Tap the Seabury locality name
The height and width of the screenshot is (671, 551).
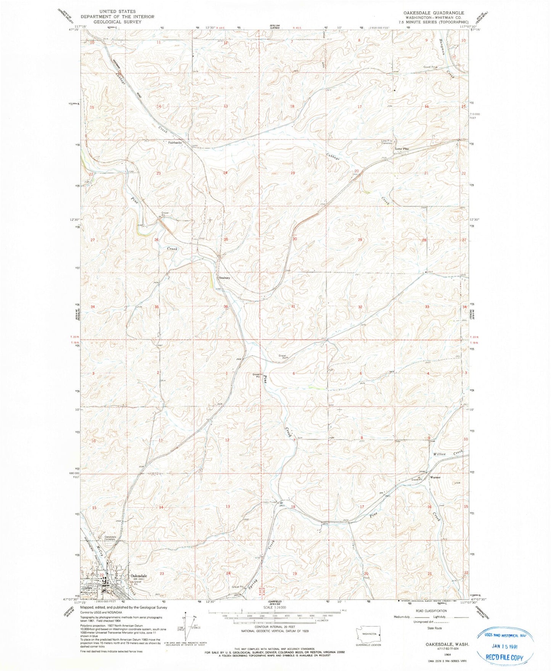click(224, 278)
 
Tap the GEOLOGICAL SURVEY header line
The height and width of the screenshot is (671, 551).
click(117, 22)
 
